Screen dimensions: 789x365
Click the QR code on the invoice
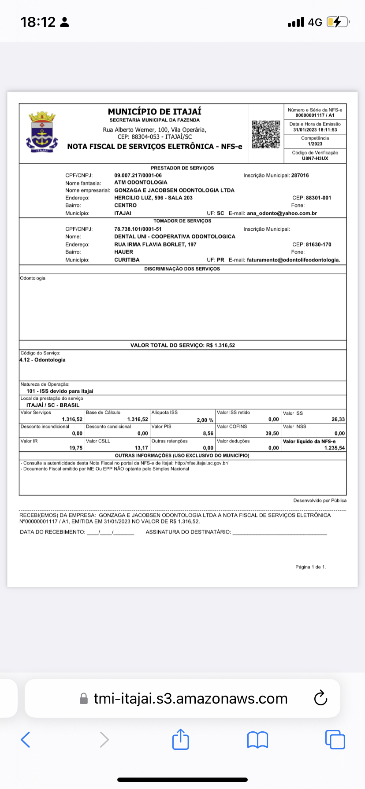[x=266, y=134]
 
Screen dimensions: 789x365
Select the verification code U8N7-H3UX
[x=315, y=158]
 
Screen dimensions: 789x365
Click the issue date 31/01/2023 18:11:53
[x=315, y=130]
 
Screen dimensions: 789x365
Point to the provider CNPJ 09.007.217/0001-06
[x=138, y=175]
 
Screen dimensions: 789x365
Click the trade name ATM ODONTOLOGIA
[x=141, y=182]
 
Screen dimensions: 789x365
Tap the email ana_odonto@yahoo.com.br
[x=282, y=213]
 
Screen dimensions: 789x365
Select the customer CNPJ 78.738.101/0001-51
[x=138, y=229]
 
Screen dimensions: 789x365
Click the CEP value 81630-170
[x=318, y=244]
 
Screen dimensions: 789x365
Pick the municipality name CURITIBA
[x=127, y=260]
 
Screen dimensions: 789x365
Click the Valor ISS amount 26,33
[x=338, y=420]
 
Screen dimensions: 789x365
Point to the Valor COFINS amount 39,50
[x=272, y=434]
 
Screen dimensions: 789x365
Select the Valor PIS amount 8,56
[x=208, y=434]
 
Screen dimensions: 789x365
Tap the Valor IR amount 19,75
[x=76, y=448]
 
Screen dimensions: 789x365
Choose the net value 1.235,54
[x=335, y=448]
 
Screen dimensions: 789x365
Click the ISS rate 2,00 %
[x=205, y=420]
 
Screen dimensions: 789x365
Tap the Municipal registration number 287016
[x=300, y=175]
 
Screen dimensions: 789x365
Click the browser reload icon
[x=320, y=698]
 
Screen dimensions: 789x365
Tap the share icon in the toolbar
[x=180, y=739]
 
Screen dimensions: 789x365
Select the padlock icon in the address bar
[x=83, y=699]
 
